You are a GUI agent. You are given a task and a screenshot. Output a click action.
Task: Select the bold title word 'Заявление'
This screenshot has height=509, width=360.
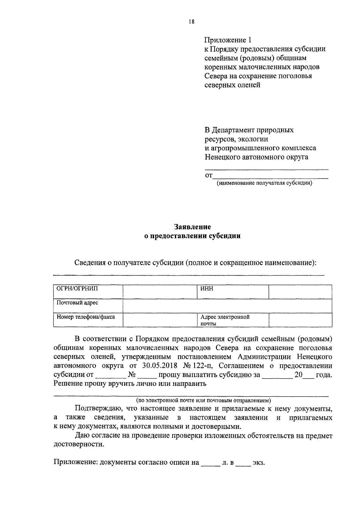(x=193, y=227)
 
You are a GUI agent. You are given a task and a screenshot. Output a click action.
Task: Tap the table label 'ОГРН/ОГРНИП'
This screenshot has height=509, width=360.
(x=77, y=289)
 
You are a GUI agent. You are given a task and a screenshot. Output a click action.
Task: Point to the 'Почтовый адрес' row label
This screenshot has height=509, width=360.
(x=77, y=303)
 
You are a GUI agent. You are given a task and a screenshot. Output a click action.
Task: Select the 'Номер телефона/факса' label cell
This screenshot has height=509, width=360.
(x=86, y=317)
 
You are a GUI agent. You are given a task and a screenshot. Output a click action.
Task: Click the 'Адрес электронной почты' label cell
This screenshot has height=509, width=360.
(x=225, y=320)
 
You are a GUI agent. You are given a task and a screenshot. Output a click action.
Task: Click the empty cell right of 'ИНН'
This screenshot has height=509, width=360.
(x=300, y=292)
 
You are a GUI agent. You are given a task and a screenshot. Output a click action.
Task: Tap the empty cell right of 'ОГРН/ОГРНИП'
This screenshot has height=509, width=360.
(x=160, y=292)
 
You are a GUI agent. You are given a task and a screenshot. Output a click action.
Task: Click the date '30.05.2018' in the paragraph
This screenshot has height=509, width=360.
(x=165, y=366)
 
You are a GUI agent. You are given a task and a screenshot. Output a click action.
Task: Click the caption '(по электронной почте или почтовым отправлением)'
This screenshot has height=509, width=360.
(x=203, y=400)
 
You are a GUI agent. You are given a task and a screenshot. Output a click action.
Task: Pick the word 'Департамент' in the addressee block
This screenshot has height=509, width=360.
(x=233, y=130)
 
